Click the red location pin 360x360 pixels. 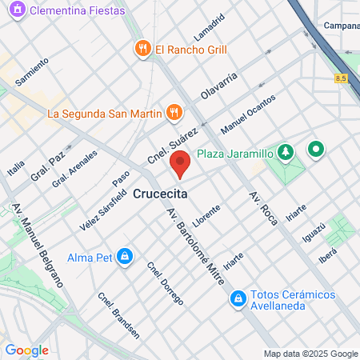tap(180, 164)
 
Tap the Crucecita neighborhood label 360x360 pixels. tap(161, 194)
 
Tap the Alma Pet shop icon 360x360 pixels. tap(124, 257)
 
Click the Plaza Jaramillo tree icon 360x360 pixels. tap(287, 152)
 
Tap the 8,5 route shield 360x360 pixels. tap(342, 77)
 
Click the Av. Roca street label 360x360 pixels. tap(262, 209)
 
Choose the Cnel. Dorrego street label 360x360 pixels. tap(165, 282)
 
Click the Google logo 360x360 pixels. tap(26, 350)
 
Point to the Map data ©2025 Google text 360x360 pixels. tap(311, 354)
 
